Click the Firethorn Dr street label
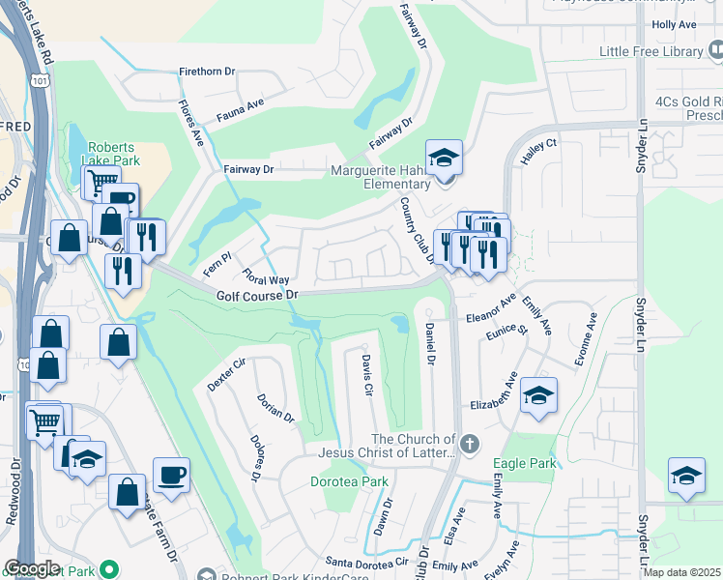coord(208,72)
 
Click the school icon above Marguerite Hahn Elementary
coord(444,159)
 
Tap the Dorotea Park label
coord(349,480)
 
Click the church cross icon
coord(469,445)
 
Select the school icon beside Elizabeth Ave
coord(538,395)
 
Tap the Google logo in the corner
coord(32,568)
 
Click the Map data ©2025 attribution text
coord(682,572)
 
